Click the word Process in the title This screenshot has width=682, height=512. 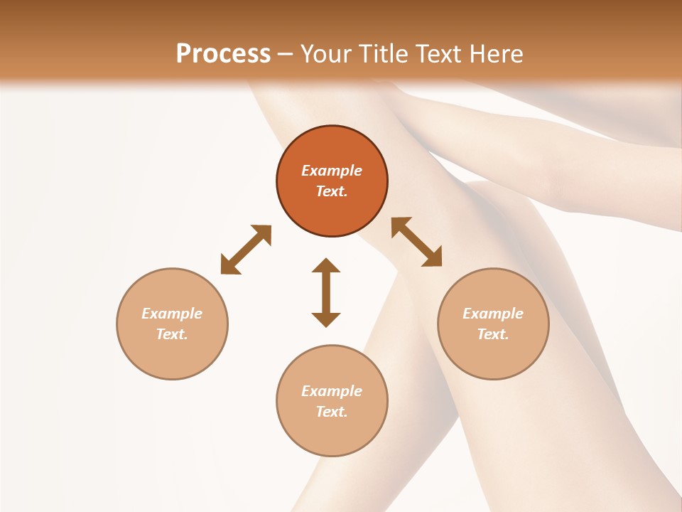[223, 54]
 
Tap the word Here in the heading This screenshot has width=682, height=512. [494, 54]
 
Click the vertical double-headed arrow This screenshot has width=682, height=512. [326, 292]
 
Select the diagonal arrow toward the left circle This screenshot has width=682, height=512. [246, 250]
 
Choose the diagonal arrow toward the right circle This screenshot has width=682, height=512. [417, 242]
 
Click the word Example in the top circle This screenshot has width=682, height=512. [332, 171]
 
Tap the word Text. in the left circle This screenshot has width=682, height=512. [172, 334]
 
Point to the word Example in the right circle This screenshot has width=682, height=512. [493, 314]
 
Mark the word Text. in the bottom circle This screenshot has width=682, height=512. [332, 412]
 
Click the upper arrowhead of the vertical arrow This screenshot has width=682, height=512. [326, 266]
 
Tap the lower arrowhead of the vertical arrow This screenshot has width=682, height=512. [326, 319]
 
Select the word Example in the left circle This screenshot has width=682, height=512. [172, 314]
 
